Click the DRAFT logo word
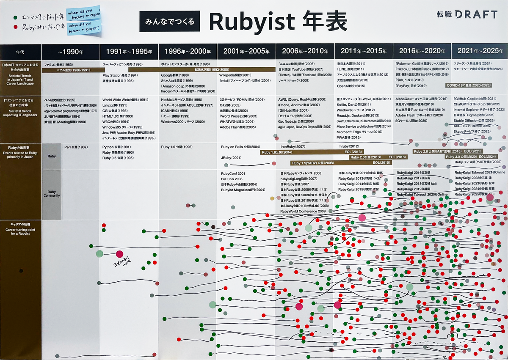tap(475, 14)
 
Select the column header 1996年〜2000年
tap(187, 52)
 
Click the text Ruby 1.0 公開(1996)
tap(177, 147)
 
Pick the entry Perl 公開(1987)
tap(76, 147)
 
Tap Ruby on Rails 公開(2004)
tap(240, 147)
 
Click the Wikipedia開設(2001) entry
tap(235, 75)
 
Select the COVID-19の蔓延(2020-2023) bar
tap(469, 85)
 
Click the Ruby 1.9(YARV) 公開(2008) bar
tap(312, 162)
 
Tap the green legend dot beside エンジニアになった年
tap(16, 18)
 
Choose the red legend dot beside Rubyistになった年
tap(16, 27)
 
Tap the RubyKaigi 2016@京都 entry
tap(413, 173)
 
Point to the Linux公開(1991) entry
tap(115, 105)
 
